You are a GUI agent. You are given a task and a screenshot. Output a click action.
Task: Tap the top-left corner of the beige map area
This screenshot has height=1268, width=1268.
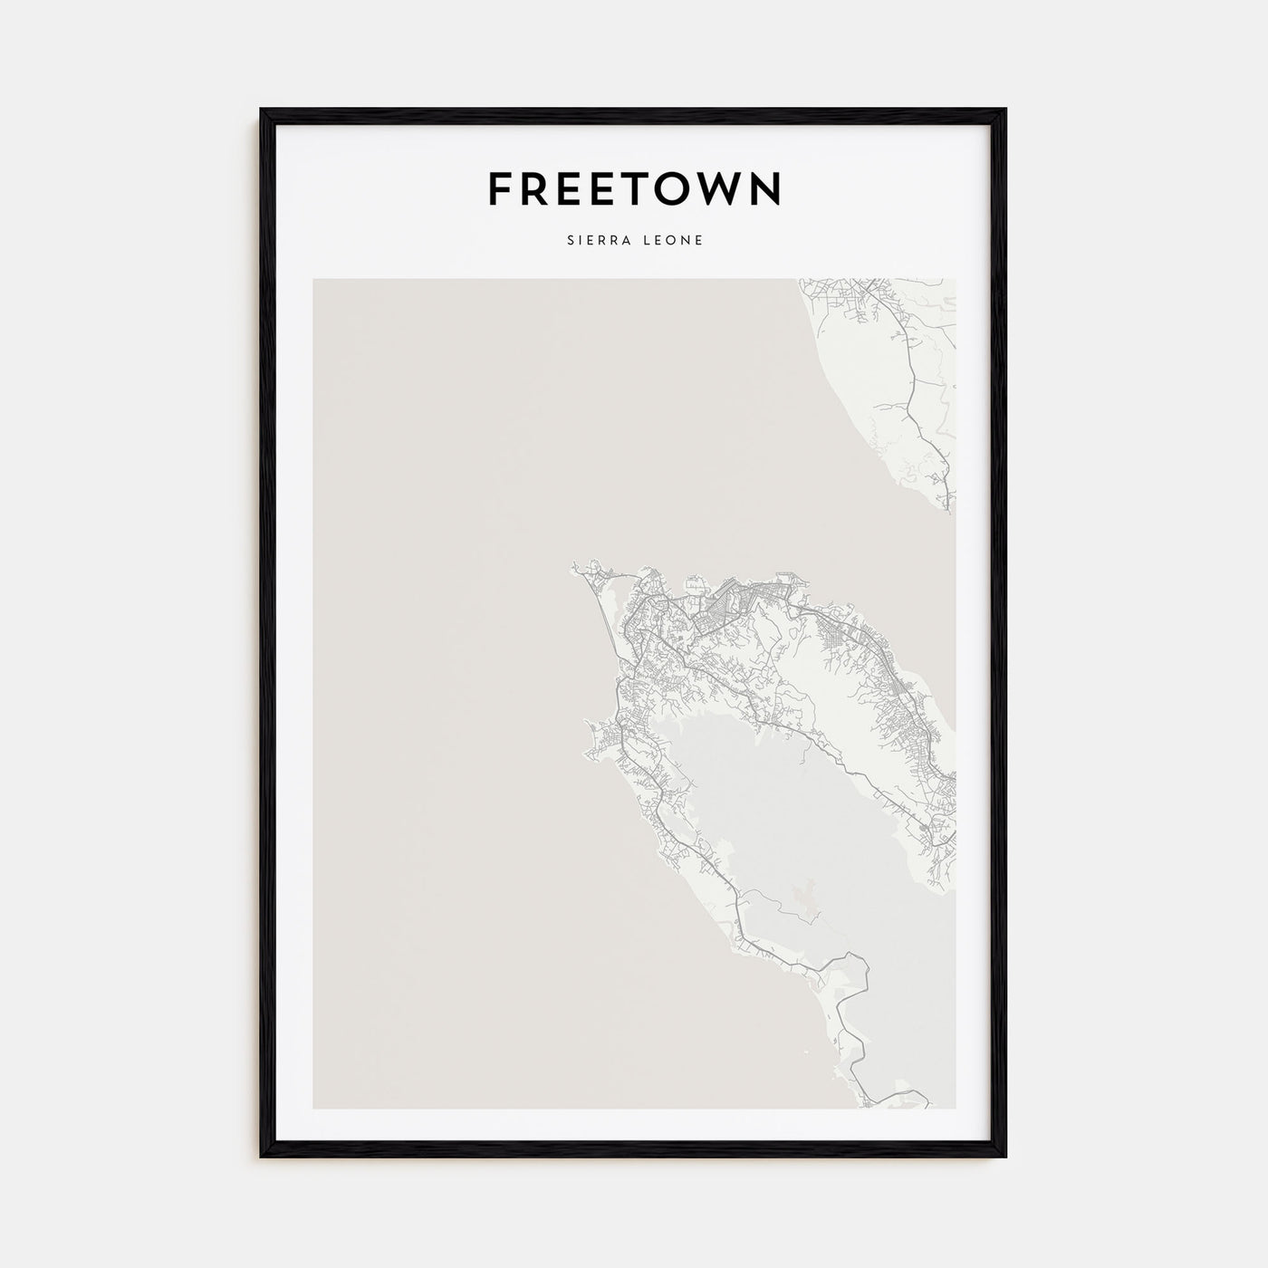point(314,280)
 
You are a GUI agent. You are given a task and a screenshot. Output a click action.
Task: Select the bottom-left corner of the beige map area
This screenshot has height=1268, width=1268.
point(314,1108)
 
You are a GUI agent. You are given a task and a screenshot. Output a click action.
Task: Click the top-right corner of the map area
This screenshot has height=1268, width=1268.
point(955,280)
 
